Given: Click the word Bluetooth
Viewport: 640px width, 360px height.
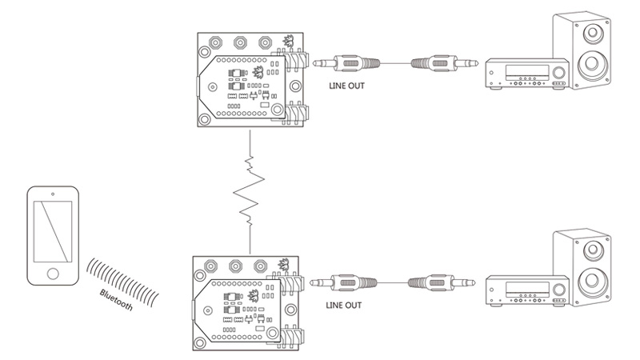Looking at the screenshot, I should pos(116,305).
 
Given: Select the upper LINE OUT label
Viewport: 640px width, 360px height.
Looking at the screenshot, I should pos(346,85).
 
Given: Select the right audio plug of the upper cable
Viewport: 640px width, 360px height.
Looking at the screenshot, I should pos(439,62).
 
